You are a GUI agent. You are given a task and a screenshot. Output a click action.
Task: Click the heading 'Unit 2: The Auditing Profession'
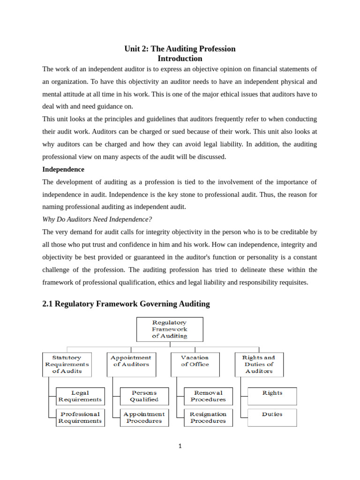[x=180, y=49]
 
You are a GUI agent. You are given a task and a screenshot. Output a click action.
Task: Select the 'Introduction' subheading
[x=180, y=59]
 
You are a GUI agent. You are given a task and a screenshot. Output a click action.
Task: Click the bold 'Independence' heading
[x=63, y=169]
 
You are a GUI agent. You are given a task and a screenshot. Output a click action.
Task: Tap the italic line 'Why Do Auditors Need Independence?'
[x=97, y=219]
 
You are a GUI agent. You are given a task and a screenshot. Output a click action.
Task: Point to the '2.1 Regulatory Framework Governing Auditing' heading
[x=126, y=304]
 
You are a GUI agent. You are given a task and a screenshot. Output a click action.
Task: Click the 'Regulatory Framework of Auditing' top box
[x=170, y=329]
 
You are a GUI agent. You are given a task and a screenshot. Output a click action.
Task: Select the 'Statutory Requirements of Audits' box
[x=67, y=364]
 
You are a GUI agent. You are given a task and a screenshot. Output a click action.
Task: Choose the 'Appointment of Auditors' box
[x=131, y=364]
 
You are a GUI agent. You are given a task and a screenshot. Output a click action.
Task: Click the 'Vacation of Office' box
[x=195, y=364]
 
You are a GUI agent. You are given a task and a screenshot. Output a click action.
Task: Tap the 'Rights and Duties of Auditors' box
[x=259, y=364]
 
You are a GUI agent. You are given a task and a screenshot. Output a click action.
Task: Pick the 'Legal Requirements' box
[x=80, y=396]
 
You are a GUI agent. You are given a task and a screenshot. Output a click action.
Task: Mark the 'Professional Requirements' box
[x=80, y=417]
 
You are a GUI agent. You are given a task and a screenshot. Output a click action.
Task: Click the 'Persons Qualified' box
[x=144, y=396]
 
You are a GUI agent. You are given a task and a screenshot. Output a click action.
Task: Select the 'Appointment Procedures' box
[x=144, y=417]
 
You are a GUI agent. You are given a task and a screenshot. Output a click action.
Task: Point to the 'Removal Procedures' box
[x=208, y=396]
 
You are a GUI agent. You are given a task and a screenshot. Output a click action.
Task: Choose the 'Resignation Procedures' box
[x=208, y=417]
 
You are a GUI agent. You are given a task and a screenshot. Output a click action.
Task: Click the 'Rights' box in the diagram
[x=272, y=396]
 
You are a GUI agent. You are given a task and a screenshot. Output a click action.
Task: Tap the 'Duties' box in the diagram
[x=272, y=417]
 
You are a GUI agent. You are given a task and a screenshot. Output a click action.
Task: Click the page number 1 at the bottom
[x=180, y=446]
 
